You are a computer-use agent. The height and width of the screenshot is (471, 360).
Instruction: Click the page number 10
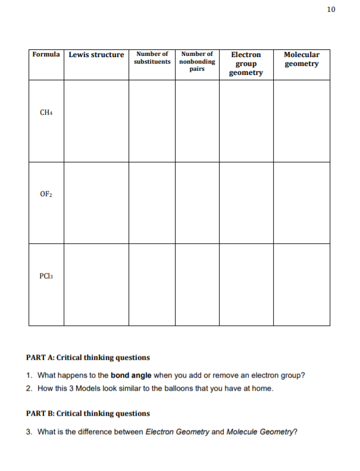[331, 10]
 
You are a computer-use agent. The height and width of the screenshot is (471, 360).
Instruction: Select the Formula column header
[46, 55]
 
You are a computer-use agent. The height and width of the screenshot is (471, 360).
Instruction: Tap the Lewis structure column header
[96, 55]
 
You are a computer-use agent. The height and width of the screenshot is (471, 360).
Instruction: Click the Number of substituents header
[152, 58]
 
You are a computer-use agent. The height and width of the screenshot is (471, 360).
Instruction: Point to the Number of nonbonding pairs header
[197, 61]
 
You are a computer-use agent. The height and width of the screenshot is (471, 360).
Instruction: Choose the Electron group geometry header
[246, 64]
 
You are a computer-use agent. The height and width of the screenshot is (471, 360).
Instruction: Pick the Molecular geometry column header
[302, 59]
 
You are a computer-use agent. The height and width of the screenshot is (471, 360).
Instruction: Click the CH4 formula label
[46, 112]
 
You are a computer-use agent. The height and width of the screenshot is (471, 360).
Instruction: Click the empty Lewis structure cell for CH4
[96, 121]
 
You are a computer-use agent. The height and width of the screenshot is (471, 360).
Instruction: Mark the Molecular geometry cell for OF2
[302, 203]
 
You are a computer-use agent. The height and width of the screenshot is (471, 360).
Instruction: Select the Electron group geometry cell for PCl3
[246, 284]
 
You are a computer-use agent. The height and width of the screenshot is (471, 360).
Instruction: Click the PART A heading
[88, 357]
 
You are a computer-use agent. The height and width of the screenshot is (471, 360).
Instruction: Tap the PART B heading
[88, 413]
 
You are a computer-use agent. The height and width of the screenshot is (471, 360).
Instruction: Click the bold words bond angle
[131, 375]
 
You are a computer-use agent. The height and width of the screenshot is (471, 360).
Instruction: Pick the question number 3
[29, 431]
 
